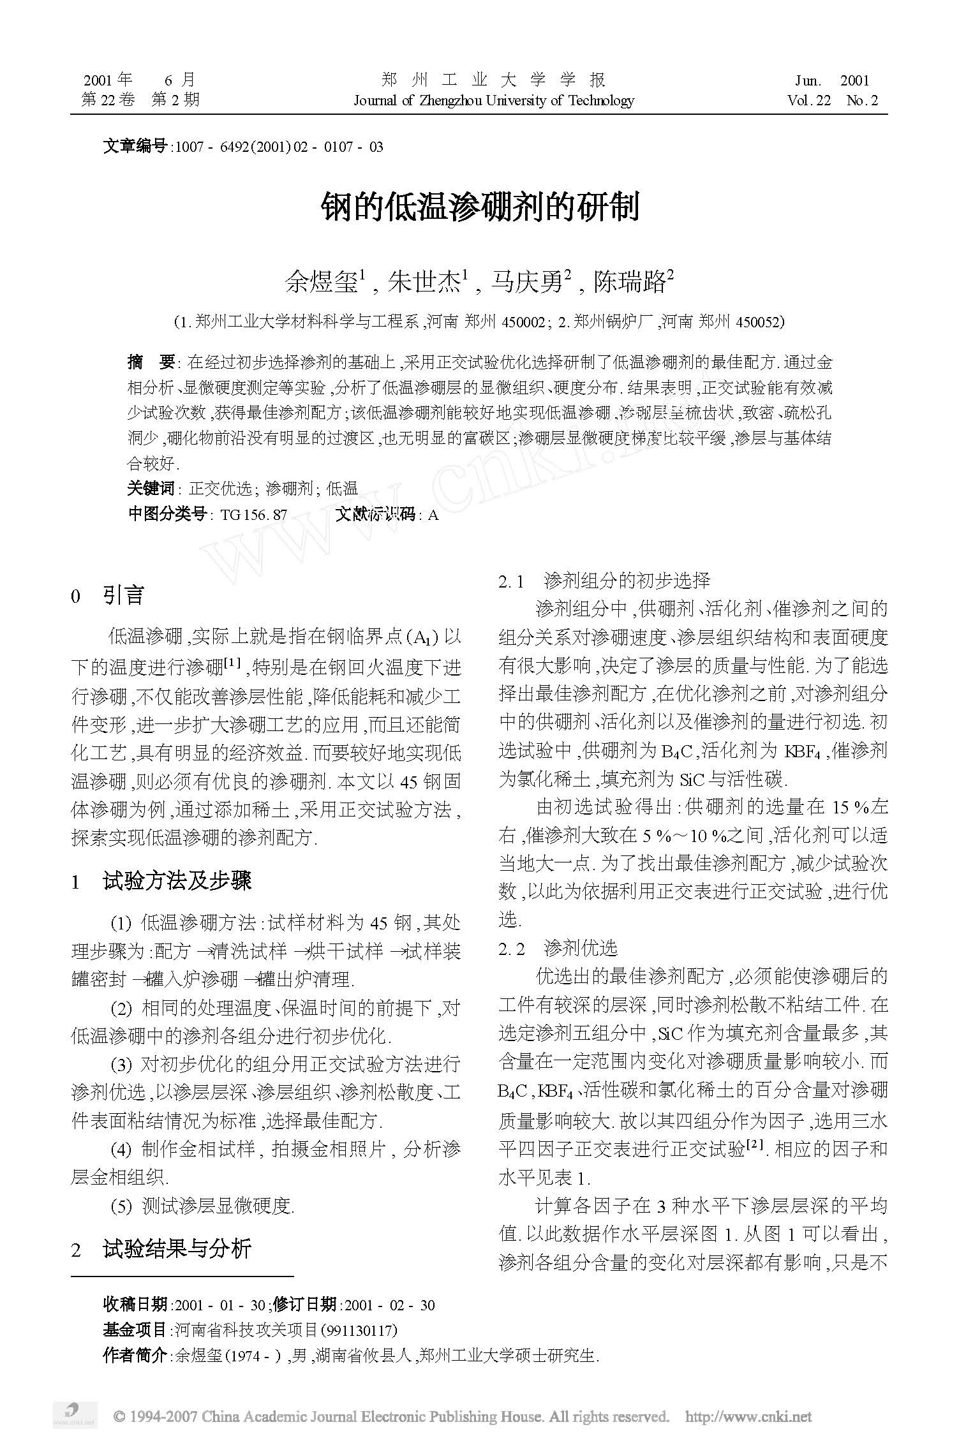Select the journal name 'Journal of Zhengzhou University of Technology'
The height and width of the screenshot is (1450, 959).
pyautogui.click(x=493, y=100)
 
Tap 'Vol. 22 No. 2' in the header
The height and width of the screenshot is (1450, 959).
pyautogui.click(x=832, y=100)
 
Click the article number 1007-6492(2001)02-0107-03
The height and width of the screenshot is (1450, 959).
pyautogui.click(x=278, y=147)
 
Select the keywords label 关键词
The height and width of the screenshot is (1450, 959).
pyautogui.click(x=151, y=489)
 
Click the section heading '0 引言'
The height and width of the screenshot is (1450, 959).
pyautogui.click(x=108, y=596)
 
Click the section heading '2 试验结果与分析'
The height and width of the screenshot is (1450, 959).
pyautogui.click(x=161, y=1249)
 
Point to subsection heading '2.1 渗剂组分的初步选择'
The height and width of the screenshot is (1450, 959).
pyautogui.click(x=604, y=581)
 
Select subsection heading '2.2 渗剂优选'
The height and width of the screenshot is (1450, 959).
pyautogui.click(x=558, y=949)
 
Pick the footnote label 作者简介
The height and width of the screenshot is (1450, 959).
pyautogui.click(x=135, y=1355)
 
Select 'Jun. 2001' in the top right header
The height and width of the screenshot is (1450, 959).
pyautogui.click(x=832, y=80)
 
